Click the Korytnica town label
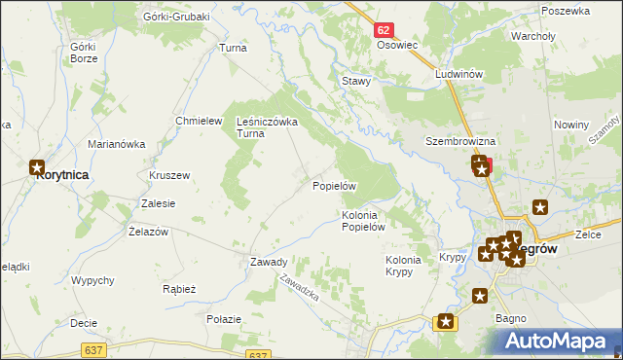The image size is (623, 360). coord(61,175)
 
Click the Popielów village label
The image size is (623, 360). coord(335,185)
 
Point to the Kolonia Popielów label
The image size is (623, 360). coord(365,221)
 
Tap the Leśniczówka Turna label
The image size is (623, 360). coord(267,128)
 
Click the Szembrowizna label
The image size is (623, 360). coord(456,140)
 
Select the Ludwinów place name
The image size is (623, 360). coord(459,74)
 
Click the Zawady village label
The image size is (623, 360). coord(268,262)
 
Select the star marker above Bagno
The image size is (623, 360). coord(479,296)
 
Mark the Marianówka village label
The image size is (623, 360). coord(116,144)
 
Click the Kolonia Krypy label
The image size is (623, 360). coord(404,266)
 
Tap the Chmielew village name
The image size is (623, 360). coord(194,120)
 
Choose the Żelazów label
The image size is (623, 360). coord(149,232)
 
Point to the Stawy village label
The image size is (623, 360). coord(355,82)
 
